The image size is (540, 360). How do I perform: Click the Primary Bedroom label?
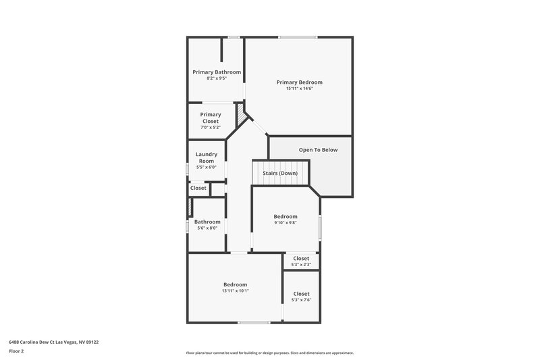(299, 82)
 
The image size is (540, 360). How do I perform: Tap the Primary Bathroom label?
(217, 72)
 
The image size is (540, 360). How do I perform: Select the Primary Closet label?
(210, 118)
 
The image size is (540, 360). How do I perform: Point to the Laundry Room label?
(206, 157)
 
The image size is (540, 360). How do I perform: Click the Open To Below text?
(318, 150)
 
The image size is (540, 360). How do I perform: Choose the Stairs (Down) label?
(280, 174)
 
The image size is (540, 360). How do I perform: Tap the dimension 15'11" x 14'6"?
(299, 88)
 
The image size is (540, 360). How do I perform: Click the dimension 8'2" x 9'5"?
(217, 78)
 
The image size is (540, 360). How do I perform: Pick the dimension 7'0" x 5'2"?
(210, 128)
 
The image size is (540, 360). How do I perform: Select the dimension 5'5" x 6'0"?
(206, 167)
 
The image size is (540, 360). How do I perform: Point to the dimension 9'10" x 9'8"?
(286, 223)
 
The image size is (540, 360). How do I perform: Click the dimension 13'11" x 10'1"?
(235, 291)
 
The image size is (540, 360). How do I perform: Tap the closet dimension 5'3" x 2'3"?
(301, 264)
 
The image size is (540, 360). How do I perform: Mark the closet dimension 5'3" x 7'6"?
(301, 300)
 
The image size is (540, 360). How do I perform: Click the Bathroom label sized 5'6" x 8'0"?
(207, 222)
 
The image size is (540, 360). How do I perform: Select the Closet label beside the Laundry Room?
(198, 188)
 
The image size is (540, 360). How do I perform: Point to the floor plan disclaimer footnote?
(269, 353)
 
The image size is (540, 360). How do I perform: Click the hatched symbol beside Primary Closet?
(240, 114)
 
